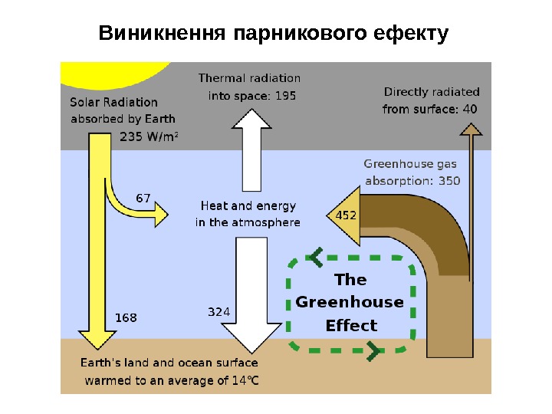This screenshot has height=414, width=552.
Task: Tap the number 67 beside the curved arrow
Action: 143,198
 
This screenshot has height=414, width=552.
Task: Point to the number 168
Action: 126,315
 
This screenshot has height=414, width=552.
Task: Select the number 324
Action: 219,312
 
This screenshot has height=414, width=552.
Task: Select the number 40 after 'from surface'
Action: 468,109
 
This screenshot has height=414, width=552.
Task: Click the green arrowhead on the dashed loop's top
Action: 316,257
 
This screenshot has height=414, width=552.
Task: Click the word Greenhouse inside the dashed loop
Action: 350,302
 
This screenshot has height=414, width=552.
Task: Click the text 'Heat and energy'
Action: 248,205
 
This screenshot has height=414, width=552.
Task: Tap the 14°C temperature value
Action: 245,379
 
